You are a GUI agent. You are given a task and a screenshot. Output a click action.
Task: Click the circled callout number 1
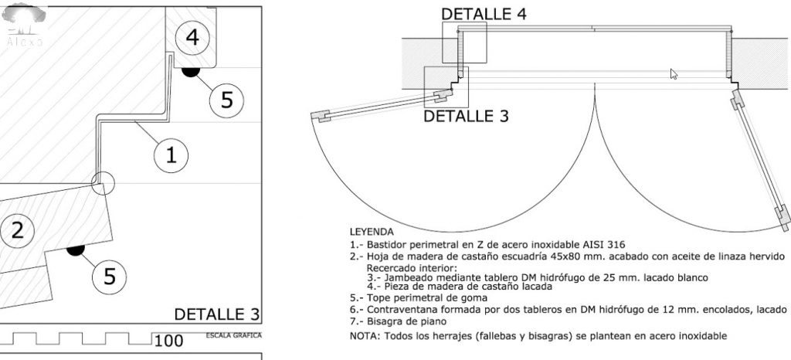171,155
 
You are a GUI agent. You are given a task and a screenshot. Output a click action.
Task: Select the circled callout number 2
17,230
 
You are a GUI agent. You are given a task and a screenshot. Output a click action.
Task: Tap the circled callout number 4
192,38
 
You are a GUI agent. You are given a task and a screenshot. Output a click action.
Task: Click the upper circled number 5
227,100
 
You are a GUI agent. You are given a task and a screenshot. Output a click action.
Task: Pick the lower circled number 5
110,277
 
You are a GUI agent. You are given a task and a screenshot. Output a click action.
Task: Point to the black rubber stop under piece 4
191,72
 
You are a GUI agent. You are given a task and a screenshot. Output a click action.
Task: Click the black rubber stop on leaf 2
76,250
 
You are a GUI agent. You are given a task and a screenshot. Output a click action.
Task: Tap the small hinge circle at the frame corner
103,183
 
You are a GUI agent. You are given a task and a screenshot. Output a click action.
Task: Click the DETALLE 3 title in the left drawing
217,314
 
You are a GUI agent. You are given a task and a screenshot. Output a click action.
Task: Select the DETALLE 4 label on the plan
484,14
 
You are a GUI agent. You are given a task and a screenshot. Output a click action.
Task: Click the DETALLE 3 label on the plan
466,116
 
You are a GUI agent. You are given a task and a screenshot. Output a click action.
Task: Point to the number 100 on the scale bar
168,341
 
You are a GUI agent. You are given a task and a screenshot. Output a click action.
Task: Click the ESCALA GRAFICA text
234,335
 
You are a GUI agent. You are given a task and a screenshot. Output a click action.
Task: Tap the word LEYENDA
372,233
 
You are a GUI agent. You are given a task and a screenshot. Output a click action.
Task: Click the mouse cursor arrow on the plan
674,74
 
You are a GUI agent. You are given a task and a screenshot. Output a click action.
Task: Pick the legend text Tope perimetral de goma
426,297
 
